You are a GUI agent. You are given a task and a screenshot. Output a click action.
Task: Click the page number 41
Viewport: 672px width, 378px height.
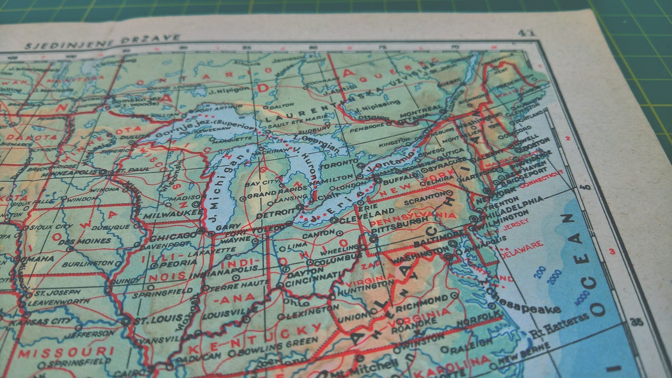coord(525,33)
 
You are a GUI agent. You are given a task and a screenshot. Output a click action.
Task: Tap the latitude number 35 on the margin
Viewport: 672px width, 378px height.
coord(635,322)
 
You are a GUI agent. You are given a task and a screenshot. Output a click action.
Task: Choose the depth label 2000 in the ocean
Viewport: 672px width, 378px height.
coord(554,277)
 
